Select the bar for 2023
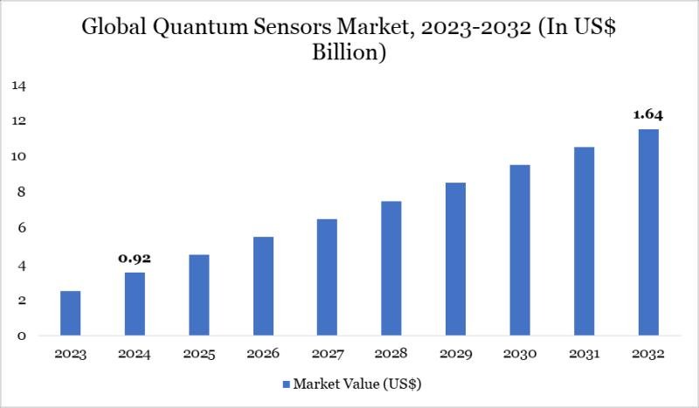point(71,313)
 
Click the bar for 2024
point(135,304)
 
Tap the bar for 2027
point(327,277)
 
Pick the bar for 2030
point(519,250)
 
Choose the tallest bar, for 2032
point(647,232)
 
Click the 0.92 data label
point(135,259)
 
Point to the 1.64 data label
point(647,114)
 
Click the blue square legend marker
point(286,384)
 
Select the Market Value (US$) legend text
point(358,384)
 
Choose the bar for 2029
point(455,259)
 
